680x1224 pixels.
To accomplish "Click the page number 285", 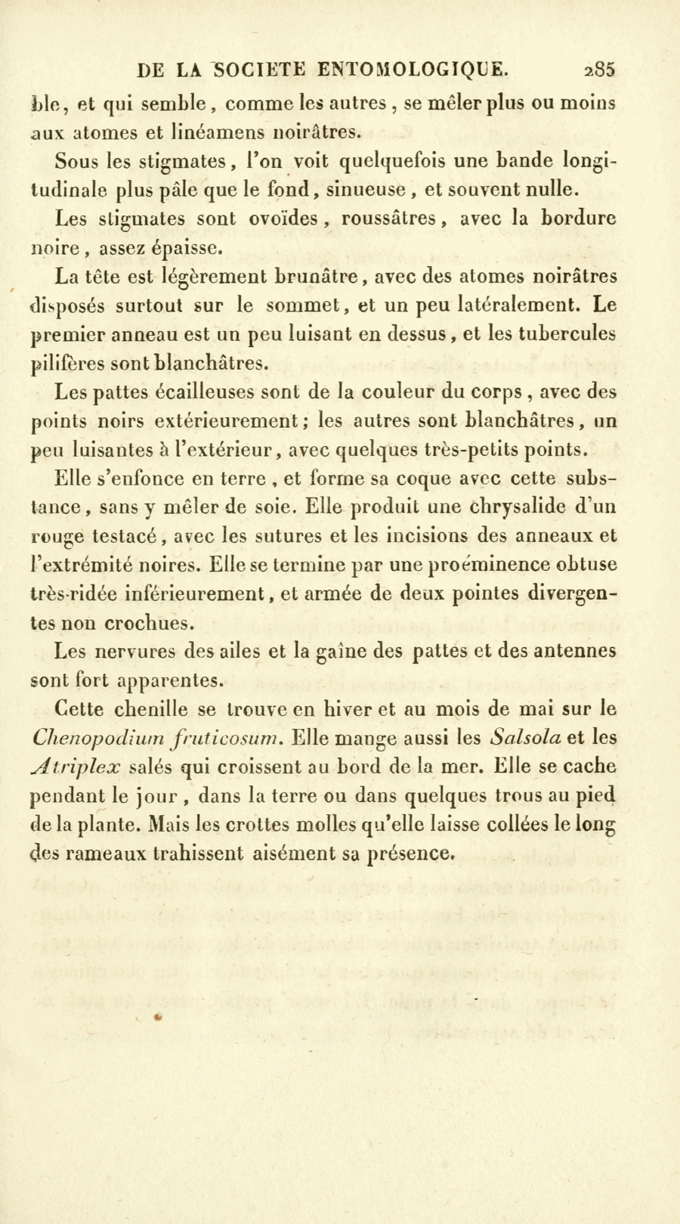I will click(601, 70).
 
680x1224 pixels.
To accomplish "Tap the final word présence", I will click(410, 854).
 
